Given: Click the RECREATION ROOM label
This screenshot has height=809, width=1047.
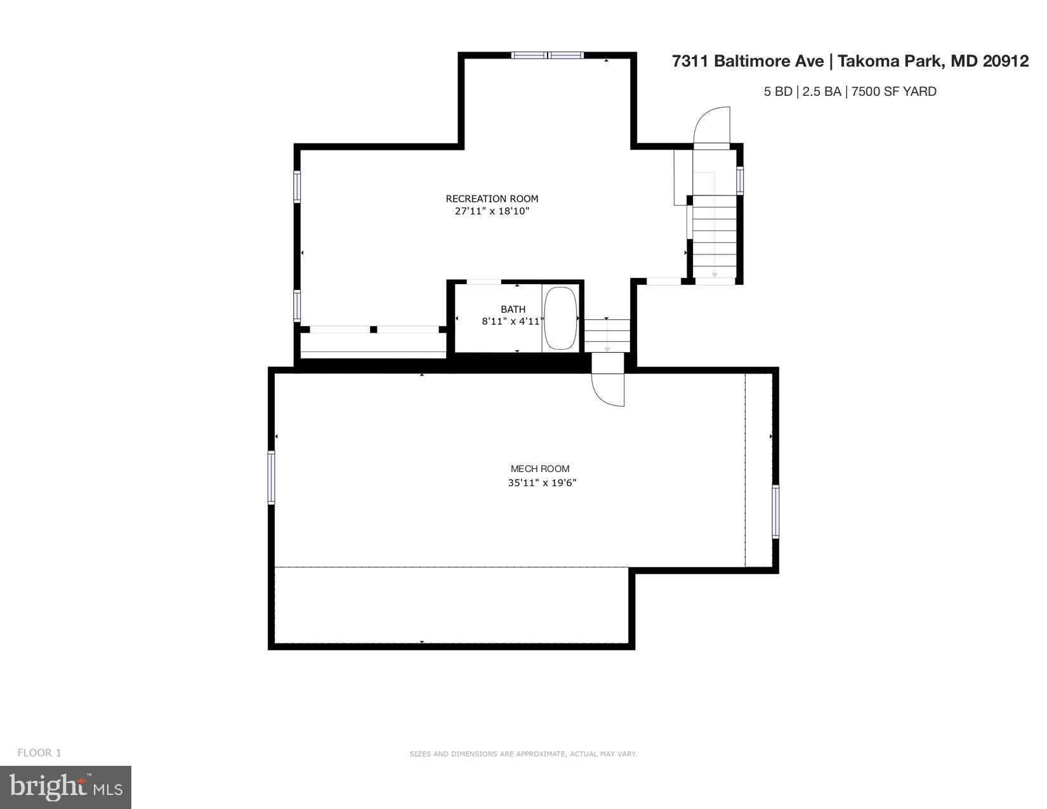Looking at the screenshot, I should [492, 199].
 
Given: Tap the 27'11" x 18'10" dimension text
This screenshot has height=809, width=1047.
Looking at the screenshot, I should [492, 211].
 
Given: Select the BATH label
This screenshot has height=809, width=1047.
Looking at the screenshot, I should [513, 310].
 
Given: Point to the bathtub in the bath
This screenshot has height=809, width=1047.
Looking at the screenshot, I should [560, 319].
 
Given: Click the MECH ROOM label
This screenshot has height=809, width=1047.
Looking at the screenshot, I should [540, 469].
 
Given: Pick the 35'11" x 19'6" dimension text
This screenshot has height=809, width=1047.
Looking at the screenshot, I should [541, 483].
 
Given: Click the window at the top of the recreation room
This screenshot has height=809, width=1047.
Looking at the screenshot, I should [547, 56].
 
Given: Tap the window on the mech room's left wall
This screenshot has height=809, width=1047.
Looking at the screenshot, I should [272, 477].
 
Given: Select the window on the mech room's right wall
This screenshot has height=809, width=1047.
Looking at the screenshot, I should [775, 511].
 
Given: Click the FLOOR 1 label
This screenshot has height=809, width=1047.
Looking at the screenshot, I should [39, 753].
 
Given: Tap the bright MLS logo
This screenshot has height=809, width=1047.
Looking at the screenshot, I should [65, 787].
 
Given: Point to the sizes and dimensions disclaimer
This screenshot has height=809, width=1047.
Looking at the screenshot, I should [523, 754].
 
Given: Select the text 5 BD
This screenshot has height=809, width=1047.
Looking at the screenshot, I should [777, 91].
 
